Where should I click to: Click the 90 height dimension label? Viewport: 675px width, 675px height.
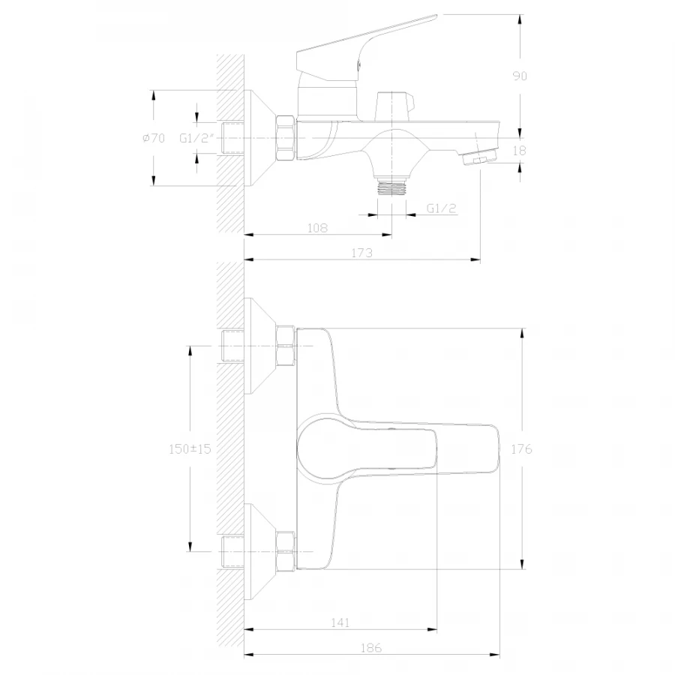click(520, 76)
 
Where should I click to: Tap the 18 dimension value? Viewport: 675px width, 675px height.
click(520, 151)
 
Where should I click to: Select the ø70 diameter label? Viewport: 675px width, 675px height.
click(154, 138)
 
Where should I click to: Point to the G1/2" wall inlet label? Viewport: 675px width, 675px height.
click(196, 138)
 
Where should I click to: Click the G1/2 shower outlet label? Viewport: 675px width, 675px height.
click(441, 208)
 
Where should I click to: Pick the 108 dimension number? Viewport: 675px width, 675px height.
click(317, 228)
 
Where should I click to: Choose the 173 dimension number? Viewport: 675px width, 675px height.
click(362, 253)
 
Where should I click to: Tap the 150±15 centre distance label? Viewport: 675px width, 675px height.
click(190, 449)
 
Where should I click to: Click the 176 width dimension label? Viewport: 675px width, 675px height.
click(521, 449)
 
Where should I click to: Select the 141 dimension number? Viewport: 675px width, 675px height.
click(340, 622)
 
